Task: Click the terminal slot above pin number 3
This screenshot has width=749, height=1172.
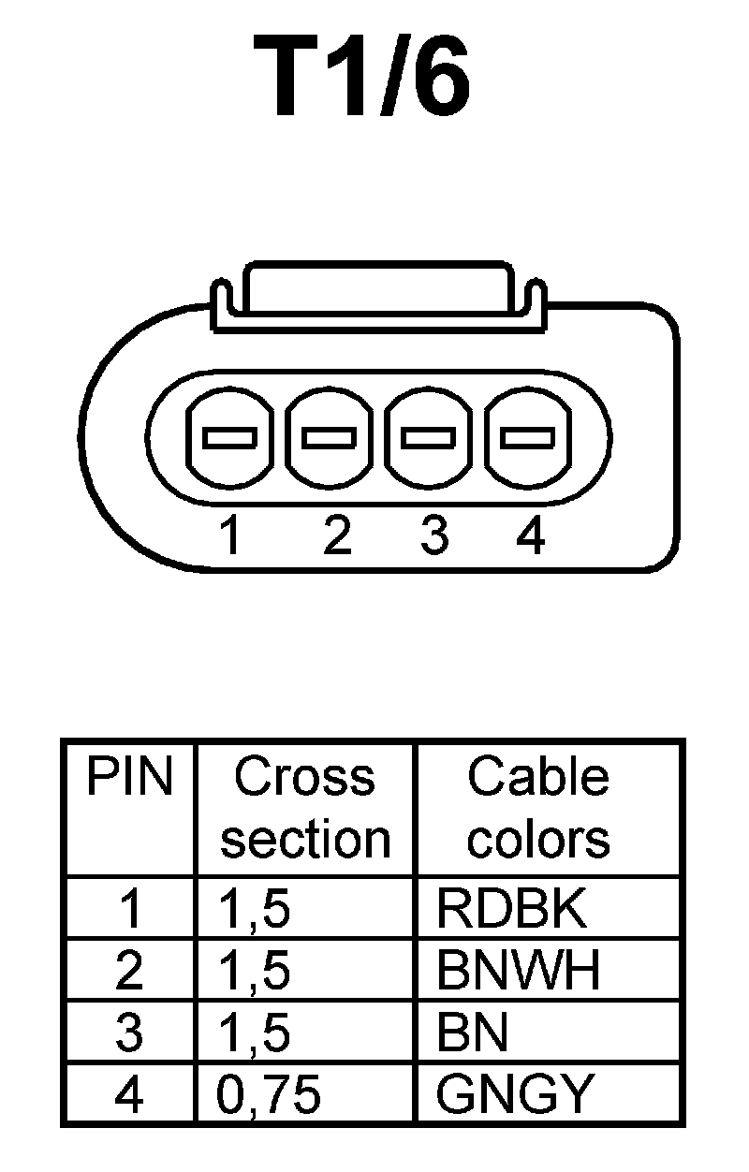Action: (x=429, y=437)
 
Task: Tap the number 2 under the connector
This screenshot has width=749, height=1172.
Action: (x=335, y=536)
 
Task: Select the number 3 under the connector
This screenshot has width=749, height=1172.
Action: (x=433, y=536)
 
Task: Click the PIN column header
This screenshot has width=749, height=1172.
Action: (x=129, y=777)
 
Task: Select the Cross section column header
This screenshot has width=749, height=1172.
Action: (x=304, y=807)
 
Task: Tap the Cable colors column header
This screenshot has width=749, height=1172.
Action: (x=538, y=807)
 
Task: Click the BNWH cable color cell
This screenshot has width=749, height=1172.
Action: (x=518, y=971)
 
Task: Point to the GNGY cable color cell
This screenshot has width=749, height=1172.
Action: (x=515, y=1093)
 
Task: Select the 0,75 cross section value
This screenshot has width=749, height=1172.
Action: (x=269, y=1094)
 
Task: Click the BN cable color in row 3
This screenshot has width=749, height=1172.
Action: (x=472, y=1033)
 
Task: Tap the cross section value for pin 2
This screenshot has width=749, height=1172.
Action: (x=253, y=971)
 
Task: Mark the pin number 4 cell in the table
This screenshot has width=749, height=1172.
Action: (x=129, y=1093)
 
